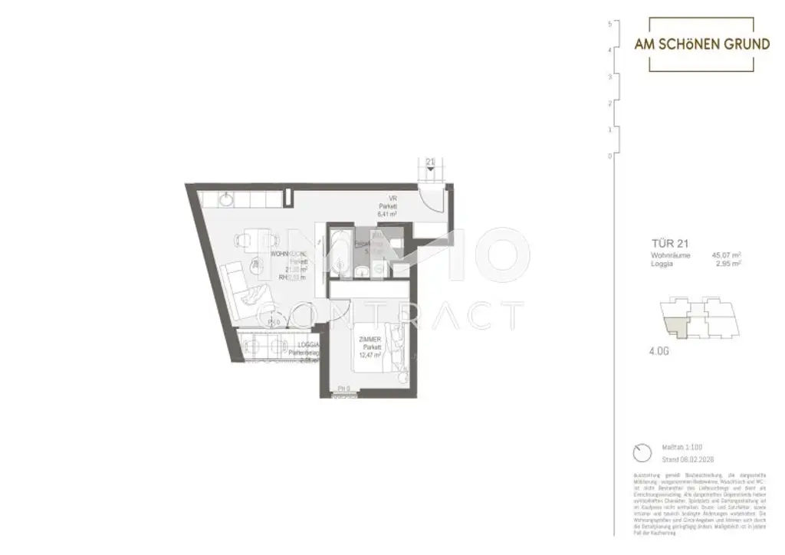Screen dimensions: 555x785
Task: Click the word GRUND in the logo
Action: tap(741, 44)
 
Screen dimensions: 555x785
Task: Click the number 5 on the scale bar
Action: tap(609, 24)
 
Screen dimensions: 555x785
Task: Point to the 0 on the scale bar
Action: tap(609, 156)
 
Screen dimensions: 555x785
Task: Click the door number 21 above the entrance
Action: tap(430, 162)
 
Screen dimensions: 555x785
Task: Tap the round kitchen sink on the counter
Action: tap(228, 199)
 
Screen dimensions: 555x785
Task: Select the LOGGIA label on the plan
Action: tap(309, 346)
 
